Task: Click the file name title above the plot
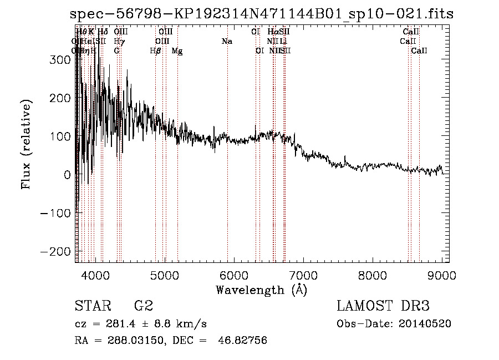point(262,14)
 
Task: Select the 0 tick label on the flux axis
point(67,174)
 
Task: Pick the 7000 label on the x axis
point(303,276)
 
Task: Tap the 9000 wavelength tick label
point(442,276)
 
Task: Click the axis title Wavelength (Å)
point(261,290)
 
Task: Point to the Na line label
point(227,42)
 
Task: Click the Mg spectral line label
point(177,51)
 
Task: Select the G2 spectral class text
point(143,306)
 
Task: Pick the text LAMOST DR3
point(383,306)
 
